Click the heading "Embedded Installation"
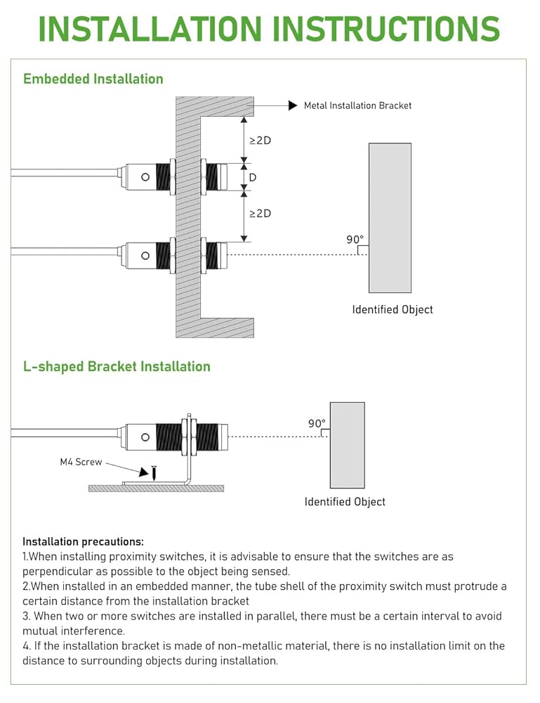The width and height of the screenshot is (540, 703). pos(93,79)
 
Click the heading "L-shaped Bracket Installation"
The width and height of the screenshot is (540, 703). pos(117,366)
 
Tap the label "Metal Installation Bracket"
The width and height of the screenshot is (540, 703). pos(357,105)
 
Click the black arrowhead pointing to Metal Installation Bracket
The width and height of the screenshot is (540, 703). pos(293,105)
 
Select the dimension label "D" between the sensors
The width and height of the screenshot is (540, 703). pos(253,177)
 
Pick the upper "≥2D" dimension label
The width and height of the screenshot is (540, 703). pos(260,140)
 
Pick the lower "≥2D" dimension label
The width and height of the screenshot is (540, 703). pos(260,213)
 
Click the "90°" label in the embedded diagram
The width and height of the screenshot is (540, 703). pos(355,239)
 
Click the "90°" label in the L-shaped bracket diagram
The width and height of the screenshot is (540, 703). pos(317,423)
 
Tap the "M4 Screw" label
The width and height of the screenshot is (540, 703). pos(81,462)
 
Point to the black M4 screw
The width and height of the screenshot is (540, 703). pos(153,473)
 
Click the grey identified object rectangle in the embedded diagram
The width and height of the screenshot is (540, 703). pos(390,218)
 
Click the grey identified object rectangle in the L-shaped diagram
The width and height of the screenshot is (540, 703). pos(347,445)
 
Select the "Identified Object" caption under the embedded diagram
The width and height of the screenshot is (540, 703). pos(393,309)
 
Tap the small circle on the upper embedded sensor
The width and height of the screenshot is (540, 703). pos(145,177)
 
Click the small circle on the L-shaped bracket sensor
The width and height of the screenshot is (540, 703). pos(145,437)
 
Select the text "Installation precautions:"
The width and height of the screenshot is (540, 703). pos(83,541)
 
